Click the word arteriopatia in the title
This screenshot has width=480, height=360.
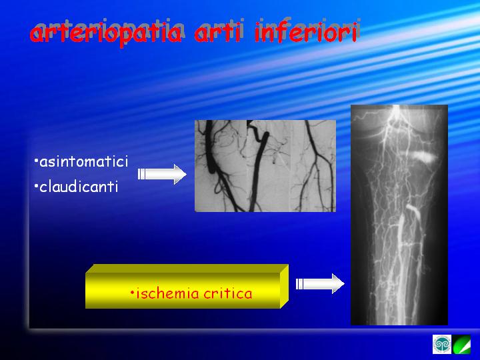[x=106, y=34]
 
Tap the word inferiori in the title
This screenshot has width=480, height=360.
[x=306, y=32]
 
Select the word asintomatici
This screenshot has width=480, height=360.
[x=83, y=161]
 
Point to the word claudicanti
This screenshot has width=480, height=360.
[x=79, y=186]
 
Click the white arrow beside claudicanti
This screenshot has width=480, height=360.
[x=162, y=174]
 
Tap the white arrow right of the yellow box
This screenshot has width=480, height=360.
[x=320, y=284]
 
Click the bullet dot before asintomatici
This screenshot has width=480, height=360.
[x=36, y=160]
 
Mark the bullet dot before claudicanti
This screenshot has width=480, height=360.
[x=36, y=185]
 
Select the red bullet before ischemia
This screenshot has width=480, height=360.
[x=132, y=293]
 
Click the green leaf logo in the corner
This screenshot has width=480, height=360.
[x=461, y=345]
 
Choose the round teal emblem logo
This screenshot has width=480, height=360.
[x=442, y=345]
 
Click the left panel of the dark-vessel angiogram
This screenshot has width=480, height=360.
[x=221, y=165]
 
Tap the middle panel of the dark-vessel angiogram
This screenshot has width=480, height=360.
[x=269, y=165]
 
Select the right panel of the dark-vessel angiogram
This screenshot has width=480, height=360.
[x=313, y=165]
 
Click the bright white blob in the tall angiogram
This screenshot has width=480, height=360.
[x=423, y=157]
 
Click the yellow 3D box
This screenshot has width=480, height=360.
[x=187, y=286]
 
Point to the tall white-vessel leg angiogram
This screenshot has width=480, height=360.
[x=399, y=215]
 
